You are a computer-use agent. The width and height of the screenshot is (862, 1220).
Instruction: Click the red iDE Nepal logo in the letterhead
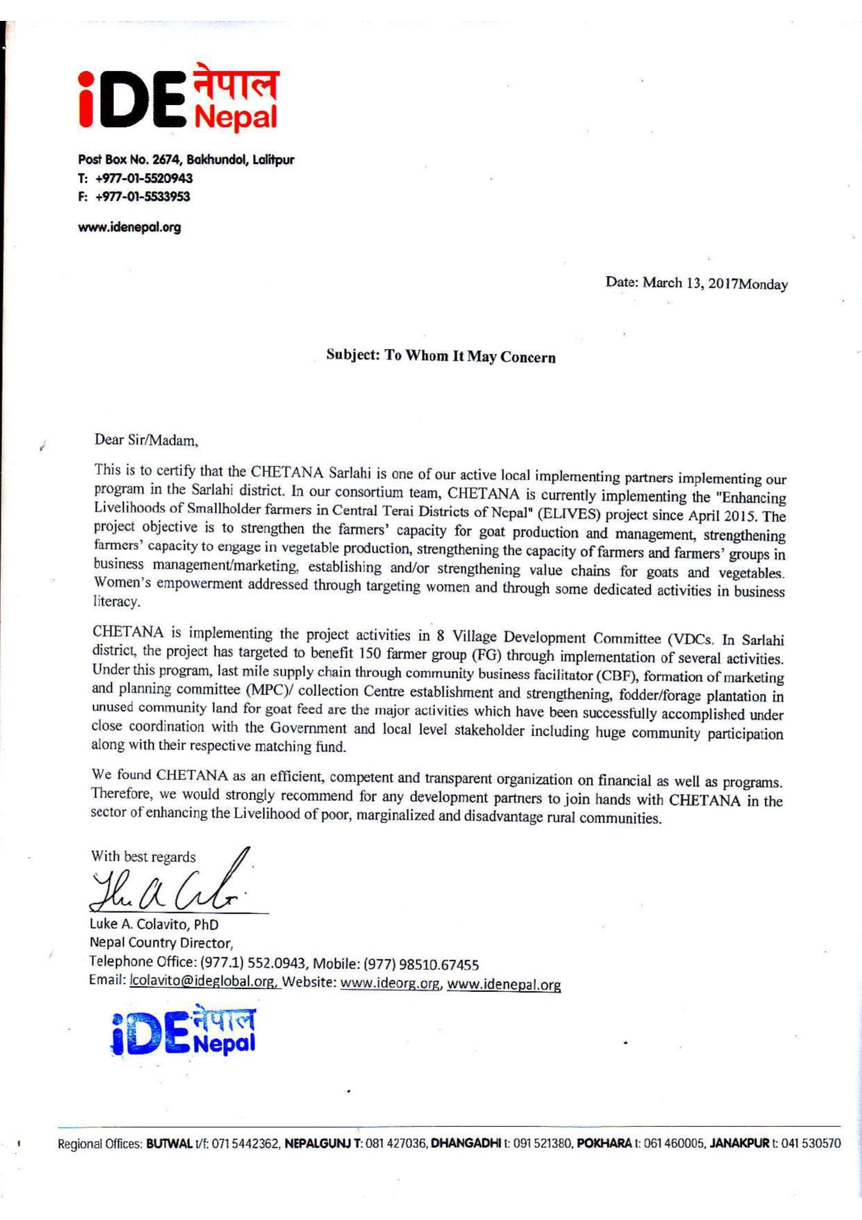coord(179,99)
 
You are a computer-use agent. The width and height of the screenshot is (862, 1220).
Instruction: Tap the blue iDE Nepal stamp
coord(184,1031)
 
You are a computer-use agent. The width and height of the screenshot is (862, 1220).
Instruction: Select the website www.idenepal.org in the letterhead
coord(129,227)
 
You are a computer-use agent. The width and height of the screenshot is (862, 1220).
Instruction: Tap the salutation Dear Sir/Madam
coord(146,439)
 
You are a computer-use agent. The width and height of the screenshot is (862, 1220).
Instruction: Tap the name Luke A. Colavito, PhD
coord(154,925)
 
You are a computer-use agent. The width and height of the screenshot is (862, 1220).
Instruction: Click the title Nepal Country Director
coord(161,943)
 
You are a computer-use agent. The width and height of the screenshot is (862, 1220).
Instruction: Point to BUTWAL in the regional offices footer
coord(170,1144)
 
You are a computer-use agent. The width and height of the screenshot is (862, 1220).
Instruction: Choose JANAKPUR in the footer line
coord(739,1144)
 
